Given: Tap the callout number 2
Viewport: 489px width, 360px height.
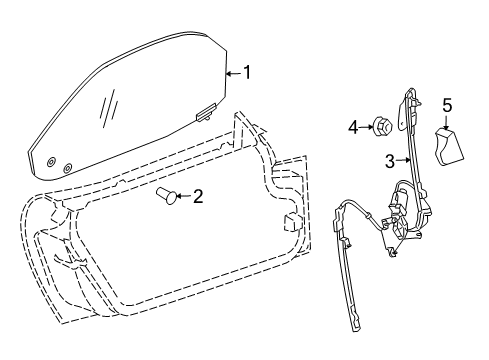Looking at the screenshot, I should click(x=198, y=196).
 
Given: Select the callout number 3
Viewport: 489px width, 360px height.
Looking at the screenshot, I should click(x=388, y=160).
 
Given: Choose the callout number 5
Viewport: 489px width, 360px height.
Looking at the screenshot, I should click(x=448, y=103).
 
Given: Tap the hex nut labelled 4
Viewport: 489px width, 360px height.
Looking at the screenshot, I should click(x=381, y=126).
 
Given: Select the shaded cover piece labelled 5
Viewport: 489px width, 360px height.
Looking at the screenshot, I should click(x=448, y=148).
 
